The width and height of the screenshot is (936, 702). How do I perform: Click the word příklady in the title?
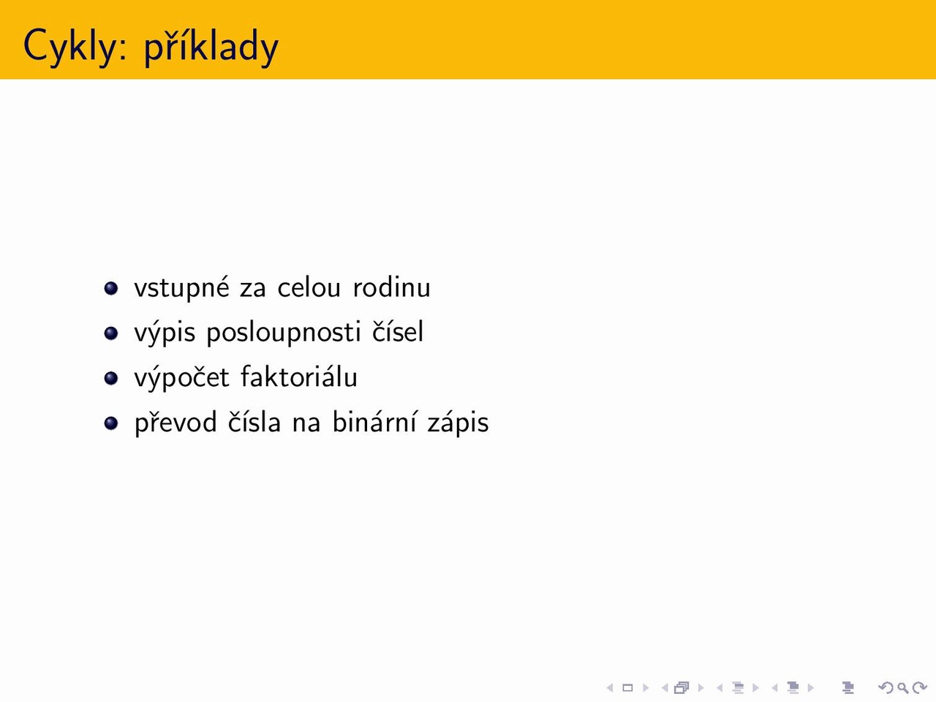coord(211,46)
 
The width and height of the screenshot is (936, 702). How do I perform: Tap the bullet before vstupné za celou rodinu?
coord(111,288)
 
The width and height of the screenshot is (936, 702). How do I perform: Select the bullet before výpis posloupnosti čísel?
coord(111,333)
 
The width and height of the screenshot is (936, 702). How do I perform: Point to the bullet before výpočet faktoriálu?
coord(111,378)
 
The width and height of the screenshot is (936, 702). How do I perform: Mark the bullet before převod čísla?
coord(111,423)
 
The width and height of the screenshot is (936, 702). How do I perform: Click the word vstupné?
coord(182,288)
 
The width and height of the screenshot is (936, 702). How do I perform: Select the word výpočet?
coord(182,378)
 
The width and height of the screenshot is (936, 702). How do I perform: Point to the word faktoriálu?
coord(299,377)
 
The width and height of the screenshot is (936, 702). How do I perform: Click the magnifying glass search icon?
coord(903,687)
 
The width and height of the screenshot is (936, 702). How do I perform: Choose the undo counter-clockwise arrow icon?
coord(886,687)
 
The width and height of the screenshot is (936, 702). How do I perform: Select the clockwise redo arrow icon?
coord(920,687)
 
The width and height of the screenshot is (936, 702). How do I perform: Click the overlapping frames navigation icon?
coord(682,687)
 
